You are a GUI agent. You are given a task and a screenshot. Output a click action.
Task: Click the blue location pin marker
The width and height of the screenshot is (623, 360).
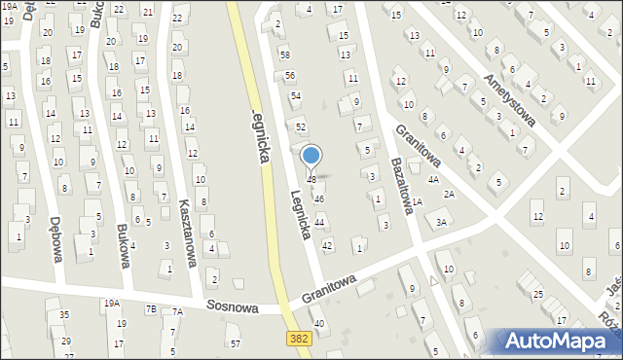(x=311, y=157)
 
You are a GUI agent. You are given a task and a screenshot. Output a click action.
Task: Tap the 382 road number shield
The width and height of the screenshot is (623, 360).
(x=300, y=338)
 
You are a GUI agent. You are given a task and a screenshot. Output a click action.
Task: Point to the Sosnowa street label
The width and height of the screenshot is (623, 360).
(x=232, y=307)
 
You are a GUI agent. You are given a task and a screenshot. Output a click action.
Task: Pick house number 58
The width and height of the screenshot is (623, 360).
(x=284, y=54)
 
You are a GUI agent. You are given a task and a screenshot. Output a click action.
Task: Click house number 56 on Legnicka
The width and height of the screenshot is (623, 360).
(x=290, y=75)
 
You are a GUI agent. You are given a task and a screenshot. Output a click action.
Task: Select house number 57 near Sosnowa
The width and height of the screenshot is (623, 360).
(x=235, y=343)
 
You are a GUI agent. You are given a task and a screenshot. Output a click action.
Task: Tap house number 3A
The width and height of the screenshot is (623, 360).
(x=441, y=223)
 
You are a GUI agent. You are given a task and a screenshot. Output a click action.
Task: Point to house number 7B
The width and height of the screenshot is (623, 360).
(x=151, y=309)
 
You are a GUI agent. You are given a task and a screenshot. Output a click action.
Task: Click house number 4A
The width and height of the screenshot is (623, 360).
(x=433, y=180)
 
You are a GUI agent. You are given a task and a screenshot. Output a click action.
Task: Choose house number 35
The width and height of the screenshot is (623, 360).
(x=64, y=314)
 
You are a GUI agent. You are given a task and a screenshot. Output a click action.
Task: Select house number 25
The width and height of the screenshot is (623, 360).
(x=537, y=293)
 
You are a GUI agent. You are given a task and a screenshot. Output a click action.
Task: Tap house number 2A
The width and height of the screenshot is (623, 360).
(x=449, y=194)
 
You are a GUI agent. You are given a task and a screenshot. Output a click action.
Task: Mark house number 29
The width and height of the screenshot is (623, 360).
(x=66, y=342)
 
